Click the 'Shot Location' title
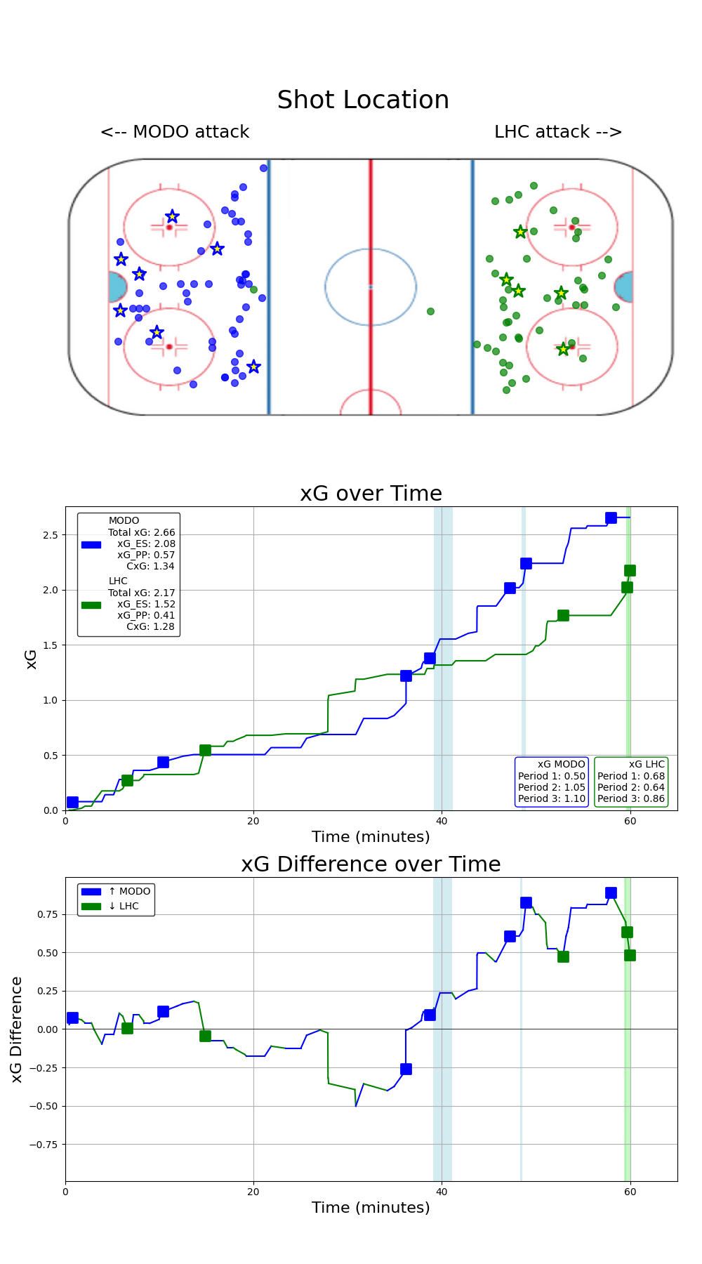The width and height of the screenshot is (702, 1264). coord(363,100)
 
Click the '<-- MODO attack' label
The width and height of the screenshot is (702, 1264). coord(175,132)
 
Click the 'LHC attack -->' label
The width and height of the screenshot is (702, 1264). coord(558,132)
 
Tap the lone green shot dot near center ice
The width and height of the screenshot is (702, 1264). coord(430,311)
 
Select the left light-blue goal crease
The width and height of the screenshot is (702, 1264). coord(117,287)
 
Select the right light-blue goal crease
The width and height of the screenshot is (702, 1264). coord(624,287)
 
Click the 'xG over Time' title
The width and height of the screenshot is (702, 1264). coord(371,494)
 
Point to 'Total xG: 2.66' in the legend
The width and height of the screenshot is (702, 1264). coord(141,532)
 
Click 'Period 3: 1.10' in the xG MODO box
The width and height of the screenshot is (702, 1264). coord(551,798)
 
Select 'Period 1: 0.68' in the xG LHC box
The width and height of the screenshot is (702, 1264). coord(630,776)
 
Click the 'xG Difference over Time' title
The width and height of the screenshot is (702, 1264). coord(371,864)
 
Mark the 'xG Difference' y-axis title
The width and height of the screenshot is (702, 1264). coord(17,1029)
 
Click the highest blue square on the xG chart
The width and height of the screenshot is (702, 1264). coord(611,518)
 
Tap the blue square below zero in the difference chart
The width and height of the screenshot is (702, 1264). coord(406,1069)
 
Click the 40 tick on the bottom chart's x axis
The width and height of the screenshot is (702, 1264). coord(442,1192)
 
